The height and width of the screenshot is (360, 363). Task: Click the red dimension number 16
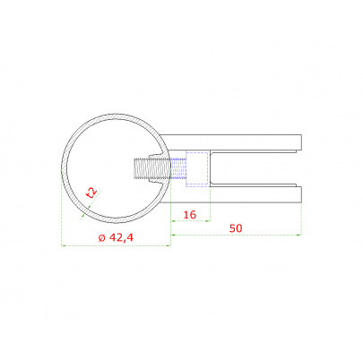point(190,214)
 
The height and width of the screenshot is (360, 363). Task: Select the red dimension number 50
point(236,228)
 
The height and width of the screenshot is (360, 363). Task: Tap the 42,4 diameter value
point(121,237)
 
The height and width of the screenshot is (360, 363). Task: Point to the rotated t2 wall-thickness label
point(92,193)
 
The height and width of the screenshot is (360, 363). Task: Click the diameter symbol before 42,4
point(102,238)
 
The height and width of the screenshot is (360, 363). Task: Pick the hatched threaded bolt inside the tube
point(151,168)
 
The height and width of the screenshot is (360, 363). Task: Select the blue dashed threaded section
point(178,168)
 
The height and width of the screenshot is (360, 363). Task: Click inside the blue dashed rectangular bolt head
point(197,169)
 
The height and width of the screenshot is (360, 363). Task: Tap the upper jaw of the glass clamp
point(231,142)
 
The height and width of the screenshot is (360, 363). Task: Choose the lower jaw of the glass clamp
point(231,194)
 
